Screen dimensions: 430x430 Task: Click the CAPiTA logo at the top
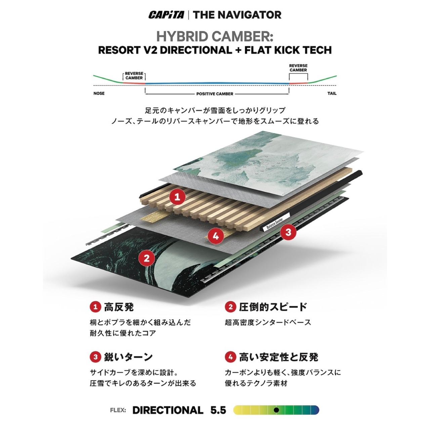tap(166, 15)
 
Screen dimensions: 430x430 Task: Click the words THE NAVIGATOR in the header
tap(237, 15)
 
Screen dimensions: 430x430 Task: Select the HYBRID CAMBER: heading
tap(215, 36)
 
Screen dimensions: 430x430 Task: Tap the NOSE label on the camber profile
tap(99, 93)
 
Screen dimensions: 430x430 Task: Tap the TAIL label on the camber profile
tap(332, 93)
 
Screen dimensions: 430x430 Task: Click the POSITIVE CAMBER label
tap(215, 94)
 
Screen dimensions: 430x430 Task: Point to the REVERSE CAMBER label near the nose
tap(134, 76)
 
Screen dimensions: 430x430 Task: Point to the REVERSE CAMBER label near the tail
tap(298, 68)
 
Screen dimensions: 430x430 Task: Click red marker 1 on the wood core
tap(177, 197)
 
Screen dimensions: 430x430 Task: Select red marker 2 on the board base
tap(146, 258)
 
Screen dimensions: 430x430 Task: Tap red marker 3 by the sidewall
tap(288, 232)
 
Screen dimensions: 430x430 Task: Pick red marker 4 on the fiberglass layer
tap(216, 236)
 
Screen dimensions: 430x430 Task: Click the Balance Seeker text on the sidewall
tap(275, 224)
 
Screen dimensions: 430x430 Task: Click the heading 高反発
tap(119, 307)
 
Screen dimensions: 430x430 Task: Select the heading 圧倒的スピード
tap(273, 307)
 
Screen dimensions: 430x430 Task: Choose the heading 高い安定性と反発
tap(279, 357)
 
